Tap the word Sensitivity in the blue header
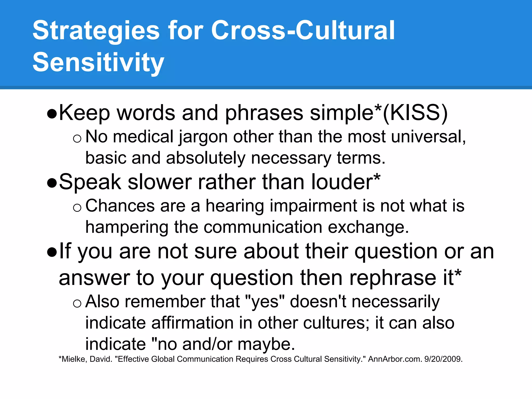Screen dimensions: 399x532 coord(98,62)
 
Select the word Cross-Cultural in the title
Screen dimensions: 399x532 coord(303,31)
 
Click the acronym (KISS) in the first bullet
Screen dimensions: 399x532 coord(415,113)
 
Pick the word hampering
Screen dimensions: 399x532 coord(127,227)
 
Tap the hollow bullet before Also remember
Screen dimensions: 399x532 coord(77,303)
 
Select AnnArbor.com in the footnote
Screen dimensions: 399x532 coord(395,359)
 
